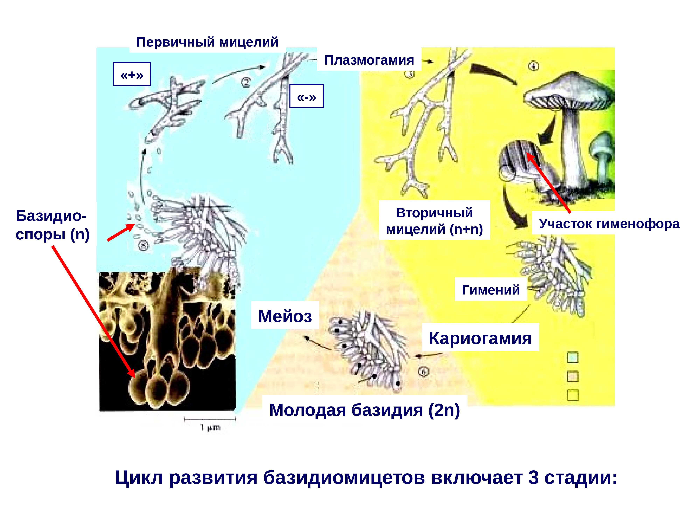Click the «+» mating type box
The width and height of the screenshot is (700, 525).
point(132,74)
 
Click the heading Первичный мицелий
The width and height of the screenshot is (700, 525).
point(207,42)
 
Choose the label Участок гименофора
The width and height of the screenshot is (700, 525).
point(609,224)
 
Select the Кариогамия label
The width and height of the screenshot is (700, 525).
point(480,338)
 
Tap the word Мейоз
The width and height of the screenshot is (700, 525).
point(285,316)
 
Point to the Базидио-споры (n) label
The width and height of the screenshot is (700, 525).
point(52,225)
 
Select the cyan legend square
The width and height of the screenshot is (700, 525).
point(573,358)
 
